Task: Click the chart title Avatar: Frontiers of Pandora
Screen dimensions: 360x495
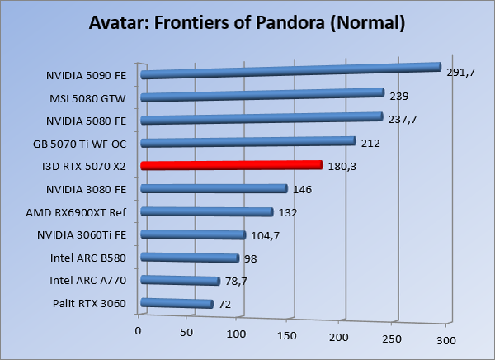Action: tap(247, 23)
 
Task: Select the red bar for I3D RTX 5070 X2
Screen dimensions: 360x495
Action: tap(231, 165)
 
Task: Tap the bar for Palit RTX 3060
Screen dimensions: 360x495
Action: tap(177, 304)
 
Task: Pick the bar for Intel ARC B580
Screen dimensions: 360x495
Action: tap(190, 258)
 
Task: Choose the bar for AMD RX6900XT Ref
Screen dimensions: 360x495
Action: tap(207, 212)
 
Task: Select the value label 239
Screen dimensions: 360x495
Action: tap(399, 97)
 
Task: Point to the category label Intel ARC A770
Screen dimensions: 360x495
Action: tap(88, 281)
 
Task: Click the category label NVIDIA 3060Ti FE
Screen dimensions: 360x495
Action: tap(82, 235)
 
